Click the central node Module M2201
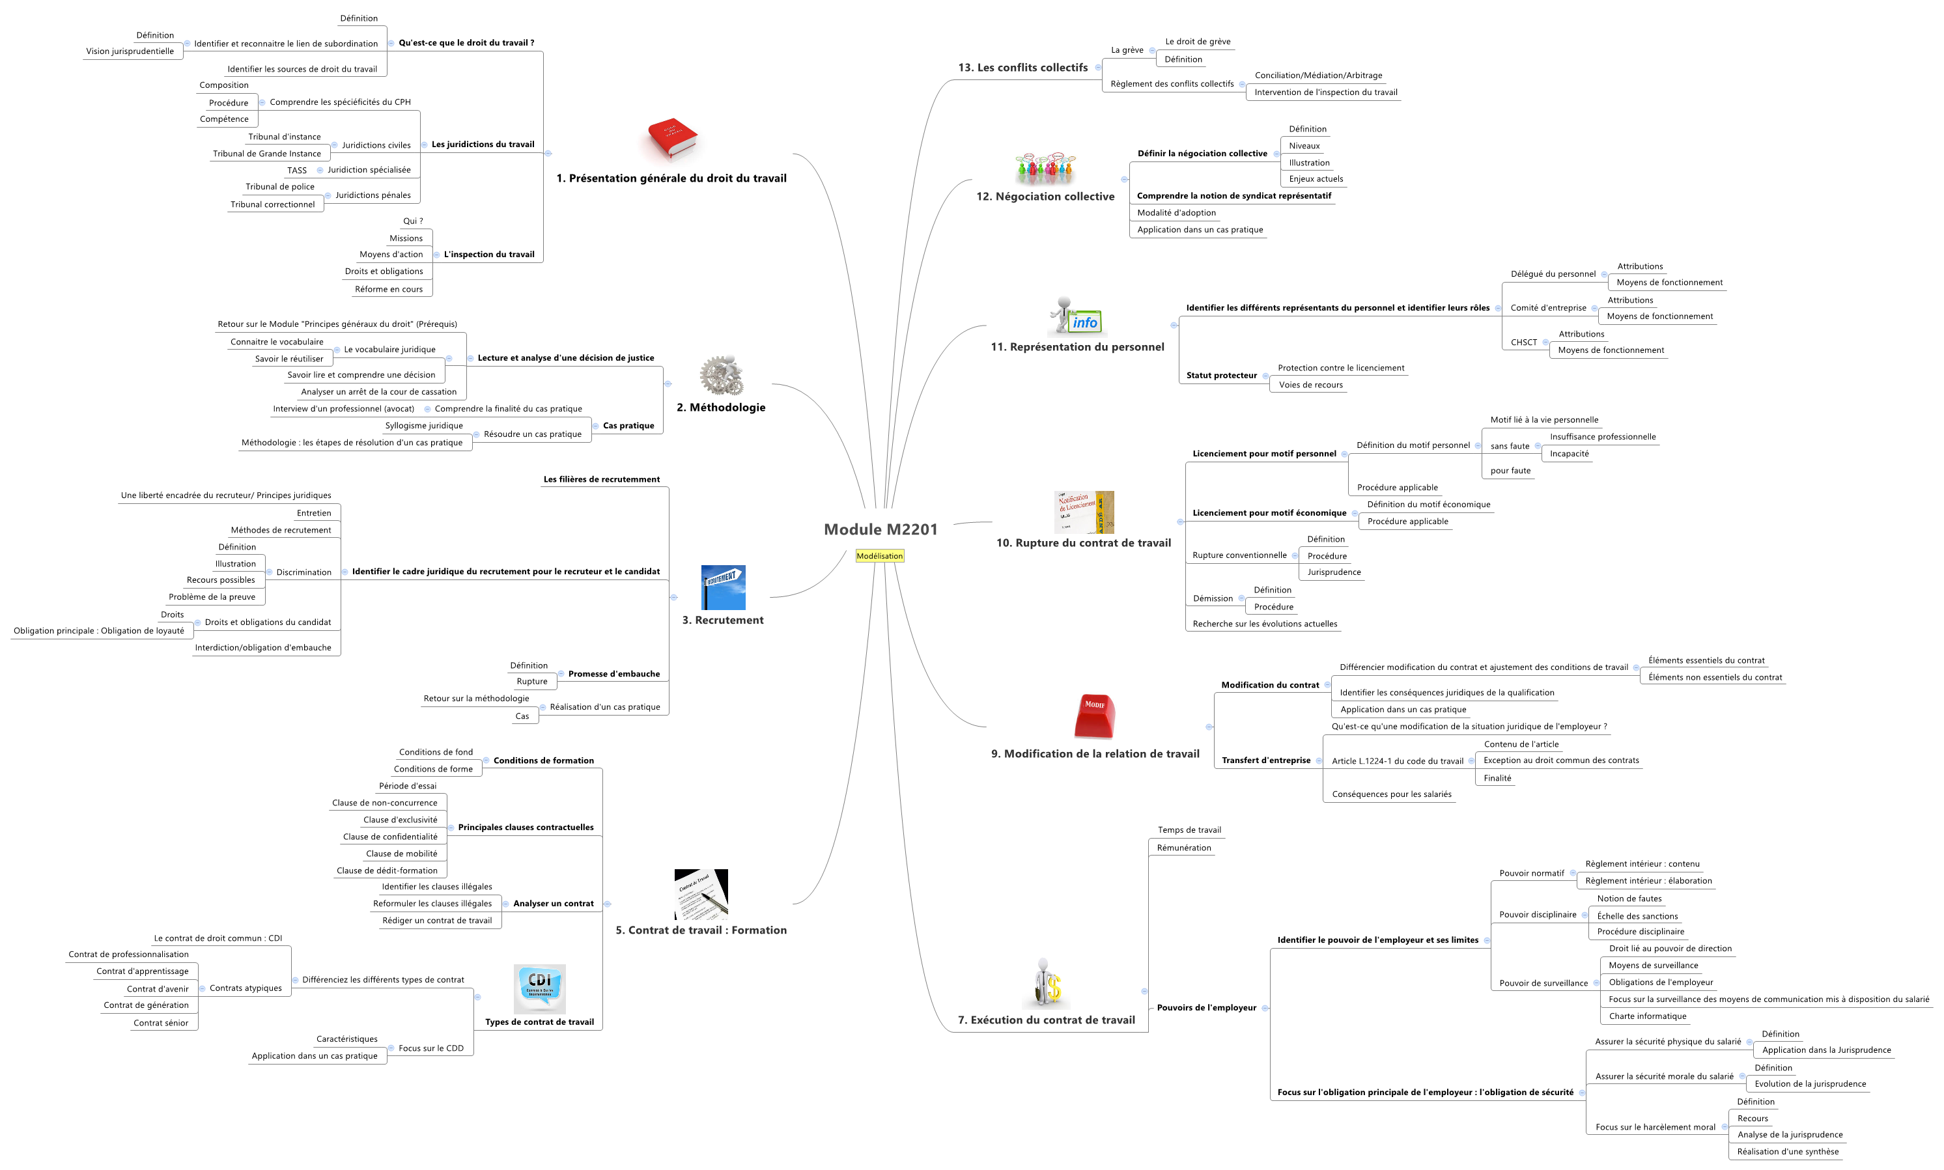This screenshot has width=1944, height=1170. [x=880, y=529]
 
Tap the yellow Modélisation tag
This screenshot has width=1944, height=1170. [x=879, y=556]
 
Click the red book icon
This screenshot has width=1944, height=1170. [x=671, y=139]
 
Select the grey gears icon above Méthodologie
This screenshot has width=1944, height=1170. [x=722, y=375]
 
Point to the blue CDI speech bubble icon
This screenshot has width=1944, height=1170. [x=539, y=988]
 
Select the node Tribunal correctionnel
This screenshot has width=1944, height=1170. [x=272, y=204]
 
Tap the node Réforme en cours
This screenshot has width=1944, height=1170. [x=388, y=289]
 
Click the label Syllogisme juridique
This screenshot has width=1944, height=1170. [x=423, y=426]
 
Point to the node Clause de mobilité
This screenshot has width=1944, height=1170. [x=401, y=854]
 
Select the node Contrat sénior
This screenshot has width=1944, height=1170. [x=161, y=1023]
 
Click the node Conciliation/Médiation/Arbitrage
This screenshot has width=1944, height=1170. [x=1318, y=76]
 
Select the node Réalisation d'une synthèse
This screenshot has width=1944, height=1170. [x=1787, y=1152]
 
